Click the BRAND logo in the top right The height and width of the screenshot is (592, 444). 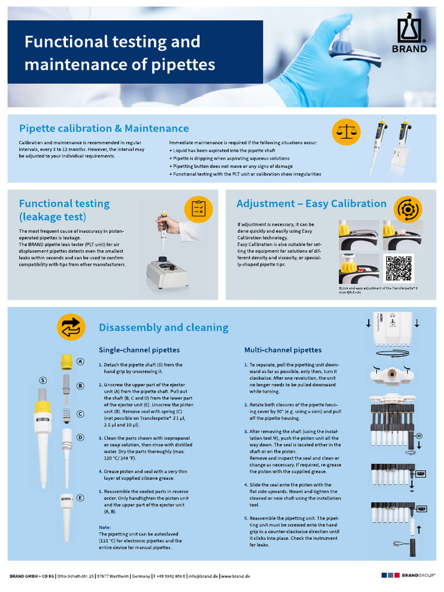tap(412, 35)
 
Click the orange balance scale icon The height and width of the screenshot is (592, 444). tap(346, 132)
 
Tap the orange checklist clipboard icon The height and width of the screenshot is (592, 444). tap(198, 209)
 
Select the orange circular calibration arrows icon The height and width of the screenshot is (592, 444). tap(408, 209)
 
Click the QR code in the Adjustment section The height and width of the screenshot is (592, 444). tap(399, 268)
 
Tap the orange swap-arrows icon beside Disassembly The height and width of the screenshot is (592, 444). tap(71, 327)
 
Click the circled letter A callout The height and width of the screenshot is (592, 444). tap(80, 361)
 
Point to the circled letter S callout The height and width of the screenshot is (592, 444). tap(43, 380)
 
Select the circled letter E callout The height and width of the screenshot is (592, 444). tap(80, 498)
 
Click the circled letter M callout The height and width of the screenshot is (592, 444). tap(419, 435)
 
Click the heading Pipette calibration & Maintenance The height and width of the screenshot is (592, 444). tap(104, 128)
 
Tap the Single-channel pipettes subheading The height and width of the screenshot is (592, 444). tap(139, 350)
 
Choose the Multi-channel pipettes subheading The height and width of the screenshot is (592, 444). tap(283, 350)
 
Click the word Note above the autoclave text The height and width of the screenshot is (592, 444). tap(105, 527)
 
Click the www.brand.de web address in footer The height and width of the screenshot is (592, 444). tap(234, 576)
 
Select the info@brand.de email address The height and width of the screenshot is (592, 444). tap(202, 576)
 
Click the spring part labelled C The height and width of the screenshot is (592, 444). tap(66, 413)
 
